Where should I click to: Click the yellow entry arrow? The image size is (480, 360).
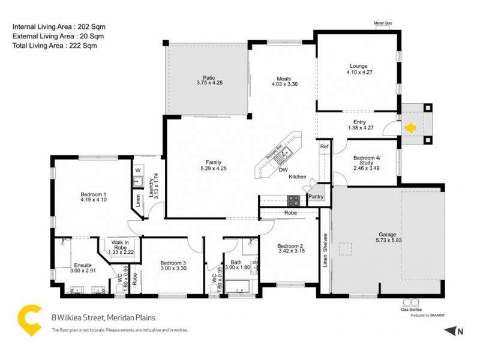click(x=410, y=127)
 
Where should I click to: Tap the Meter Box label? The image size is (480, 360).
click(x=382, y=23)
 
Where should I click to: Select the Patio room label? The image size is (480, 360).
click(x=209, y=77)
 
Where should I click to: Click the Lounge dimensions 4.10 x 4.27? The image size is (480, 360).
click(x=359, y=73)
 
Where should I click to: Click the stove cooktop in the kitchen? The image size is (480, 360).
click(x=293, y=200)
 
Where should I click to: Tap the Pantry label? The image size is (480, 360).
click(x=316, y=196)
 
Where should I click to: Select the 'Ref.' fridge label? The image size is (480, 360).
click(x=324, y=146)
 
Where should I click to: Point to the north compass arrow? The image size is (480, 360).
click(x=449, y=330)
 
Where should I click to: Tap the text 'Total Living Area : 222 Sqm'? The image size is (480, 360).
click(x=54, y=45)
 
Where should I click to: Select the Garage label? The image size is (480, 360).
click(x=388, y=235)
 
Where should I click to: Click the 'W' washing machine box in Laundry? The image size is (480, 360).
click(x=138, y=170)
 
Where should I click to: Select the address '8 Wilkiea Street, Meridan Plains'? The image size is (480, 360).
click(x=98, y=317)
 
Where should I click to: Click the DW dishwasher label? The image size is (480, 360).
click(x=283, y=170)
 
